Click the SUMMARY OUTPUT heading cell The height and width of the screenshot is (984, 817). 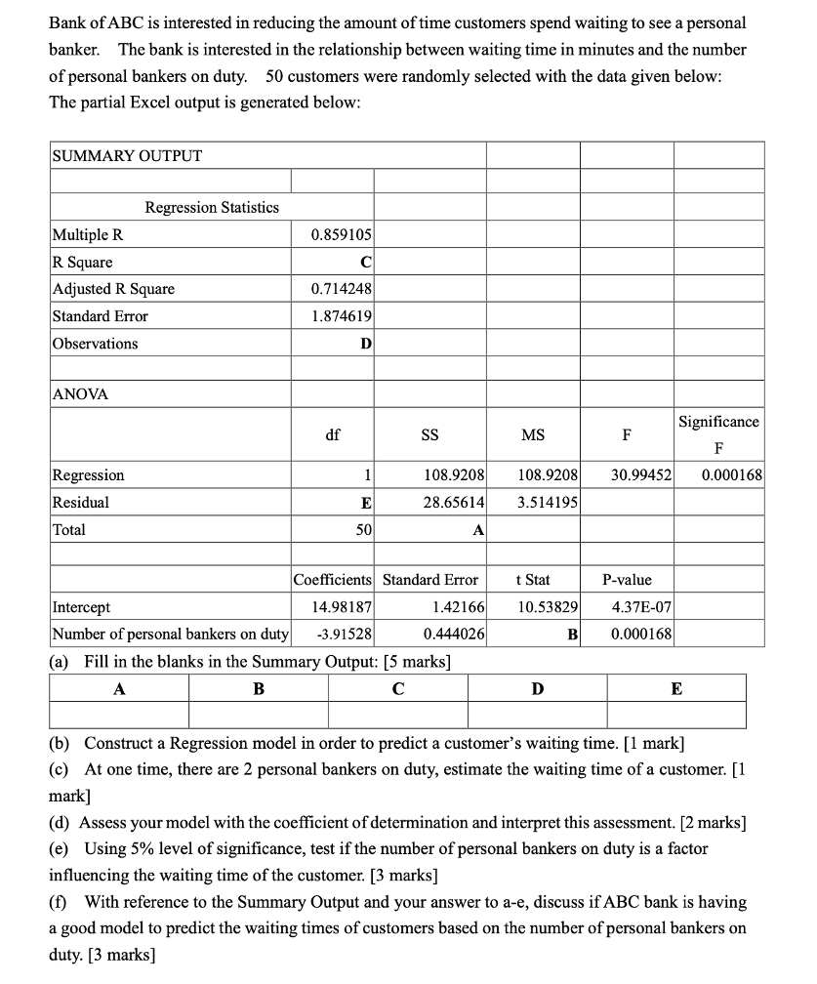pyautogui.click(x=127, y=156)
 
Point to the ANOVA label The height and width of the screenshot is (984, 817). pyautogui.click(x=80, y=394)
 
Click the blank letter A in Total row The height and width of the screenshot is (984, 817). pyautogui.click(x=478, y=531)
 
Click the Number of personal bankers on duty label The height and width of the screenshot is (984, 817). pyautogui.click(x=171, y=634)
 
